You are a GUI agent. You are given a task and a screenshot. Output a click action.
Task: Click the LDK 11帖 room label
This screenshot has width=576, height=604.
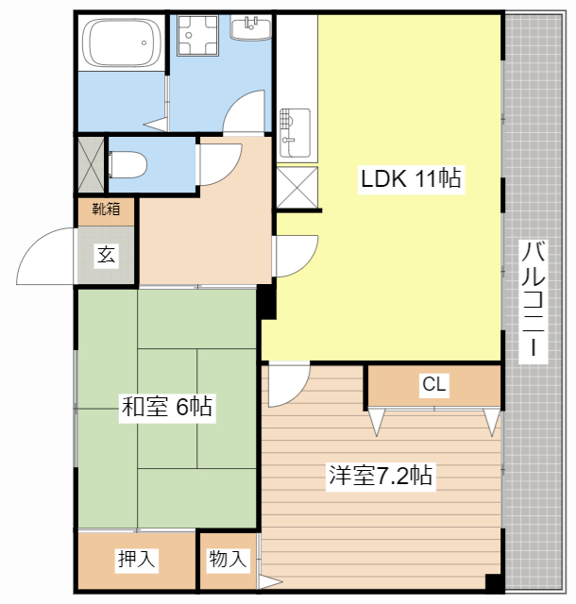coord(411,178)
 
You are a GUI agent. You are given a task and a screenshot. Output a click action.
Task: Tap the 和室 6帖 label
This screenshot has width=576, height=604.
coord(166,407)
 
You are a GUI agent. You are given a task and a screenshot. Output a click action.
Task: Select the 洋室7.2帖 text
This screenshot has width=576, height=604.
coord(381,476)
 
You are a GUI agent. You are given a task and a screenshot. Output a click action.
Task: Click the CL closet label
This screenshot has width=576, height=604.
coord(434,384)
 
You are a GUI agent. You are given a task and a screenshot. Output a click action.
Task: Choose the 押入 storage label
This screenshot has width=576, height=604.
coord(137,559)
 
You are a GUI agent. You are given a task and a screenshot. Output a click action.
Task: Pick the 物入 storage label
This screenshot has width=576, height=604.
coord(228,559)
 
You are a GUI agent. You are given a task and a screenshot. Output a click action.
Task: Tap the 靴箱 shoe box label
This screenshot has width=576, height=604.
coord(106,210)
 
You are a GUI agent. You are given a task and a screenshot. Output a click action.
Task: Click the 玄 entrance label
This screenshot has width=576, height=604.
coord(106,254)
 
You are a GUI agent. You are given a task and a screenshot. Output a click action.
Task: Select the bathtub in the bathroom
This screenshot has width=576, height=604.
coord(122,42)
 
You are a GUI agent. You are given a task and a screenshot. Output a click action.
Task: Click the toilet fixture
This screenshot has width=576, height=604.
coord(127,165)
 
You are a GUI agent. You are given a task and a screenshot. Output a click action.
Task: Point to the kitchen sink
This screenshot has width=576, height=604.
coord(295,133)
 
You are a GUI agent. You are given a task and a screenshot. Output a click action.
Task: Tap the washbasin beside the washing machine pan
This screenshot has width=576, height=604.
coord(250,27)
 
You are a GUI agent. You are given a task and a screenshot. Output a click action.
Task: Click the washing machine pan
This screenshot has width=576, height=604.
coord(197,36)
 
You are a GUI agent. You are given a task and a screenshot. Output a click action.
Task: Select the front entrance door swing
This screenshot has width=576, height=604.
coord(45,256)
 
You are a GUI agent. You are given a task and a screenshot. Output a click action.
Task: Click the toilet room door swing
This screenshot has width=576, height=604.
coord(218,164)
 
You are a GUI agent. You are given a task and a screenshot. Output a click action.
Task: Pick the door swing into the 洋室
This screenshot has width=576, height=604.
coord(289,384)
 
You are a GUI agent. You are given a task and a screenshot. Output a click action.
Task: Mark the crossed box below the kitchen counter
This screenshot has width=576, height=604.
coord(297,187)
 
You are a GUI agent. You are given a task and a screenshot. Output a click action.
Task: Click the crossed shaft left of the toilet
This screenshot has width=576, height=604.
coord(91,164)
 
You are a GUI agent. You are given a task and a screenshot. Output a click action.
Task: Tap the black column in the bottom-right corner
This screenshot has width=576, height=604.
coord(494,582)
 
